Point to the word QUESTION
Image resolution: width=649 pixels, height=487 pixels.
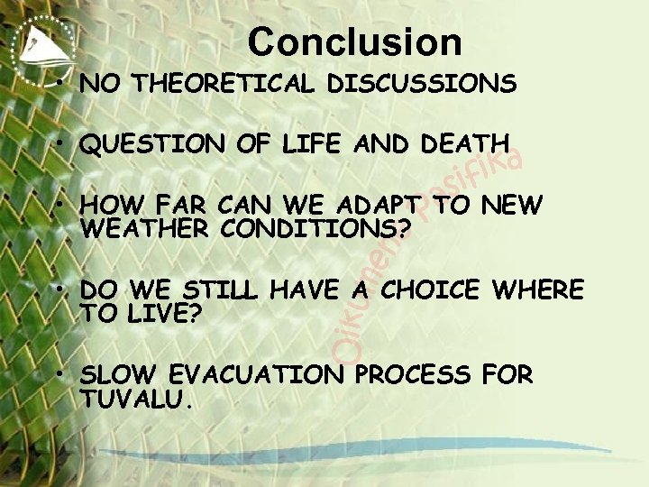(x=133, y=144)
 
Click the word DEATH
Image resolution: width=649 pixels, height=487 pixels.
(x=464, y=144)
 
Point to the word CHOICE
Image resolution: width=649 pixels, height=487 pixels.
(x=432, y=290)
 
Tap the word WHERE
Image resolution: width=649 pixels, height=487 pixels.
(x=540, y=290)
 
